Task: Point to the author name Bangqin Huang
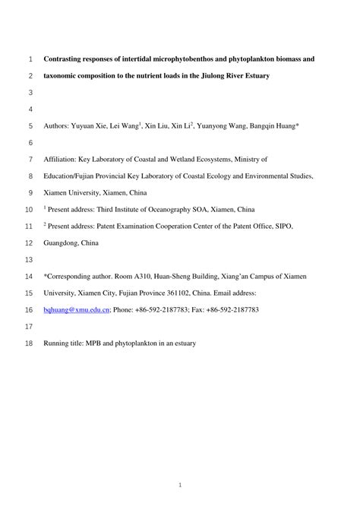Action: tap(276, 126)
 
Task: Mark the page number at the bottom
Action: tap(180, 484)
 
